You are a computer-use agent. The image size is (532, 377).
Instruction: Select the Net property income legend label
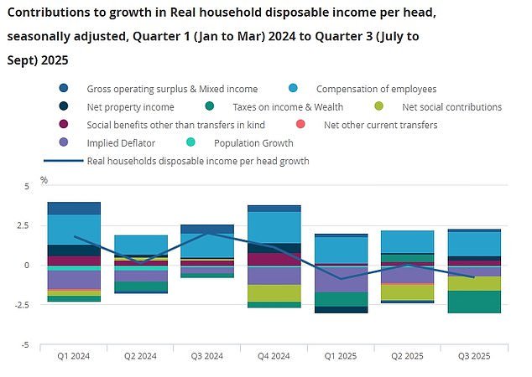pos(130,107)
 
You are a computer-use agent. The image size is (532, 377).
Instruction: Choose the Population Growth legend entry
pos(255,143)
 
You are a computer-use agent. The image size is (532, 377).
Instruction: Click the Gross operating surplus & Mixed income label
pos(172,89)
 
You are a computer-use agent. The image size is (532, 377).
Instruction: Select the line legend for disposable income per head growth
pos(198,161)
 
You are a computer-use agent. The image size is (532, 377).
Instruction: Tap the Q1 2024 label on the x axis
pos(74,355)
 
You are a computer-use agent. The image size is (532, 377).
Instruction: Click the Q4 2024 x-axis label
pos(274,355)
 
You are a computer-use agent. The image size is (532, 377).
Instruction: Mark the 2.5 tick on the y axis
pos(25,225)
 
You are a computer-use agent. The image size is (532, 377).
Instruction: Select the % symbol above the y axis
pos(44,180)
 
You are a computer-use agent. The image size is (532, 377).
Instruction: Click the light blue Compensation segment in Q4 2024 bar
pos(274,227)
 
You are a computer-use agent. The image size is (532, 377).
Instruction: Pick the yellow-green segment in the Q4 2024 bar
pos(274,293)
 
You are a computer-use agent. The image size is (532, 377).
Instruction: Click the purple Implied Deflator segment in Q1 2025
pos(340,279)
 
